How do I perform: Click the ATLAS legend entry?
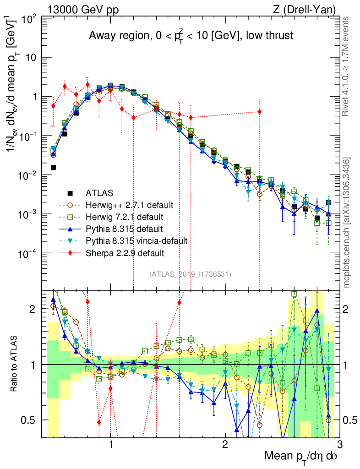coord(99,193)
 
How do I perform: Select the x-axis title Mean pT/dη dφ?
coord(301,457)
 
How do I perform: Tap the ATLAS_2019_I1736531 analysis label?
coord(190,274)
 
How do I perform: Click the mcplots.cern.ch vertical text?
coord(347,223)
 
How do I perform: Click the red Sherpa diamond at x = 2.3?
coord(260,112)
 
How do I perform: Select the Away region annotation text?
coord(191,36)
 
